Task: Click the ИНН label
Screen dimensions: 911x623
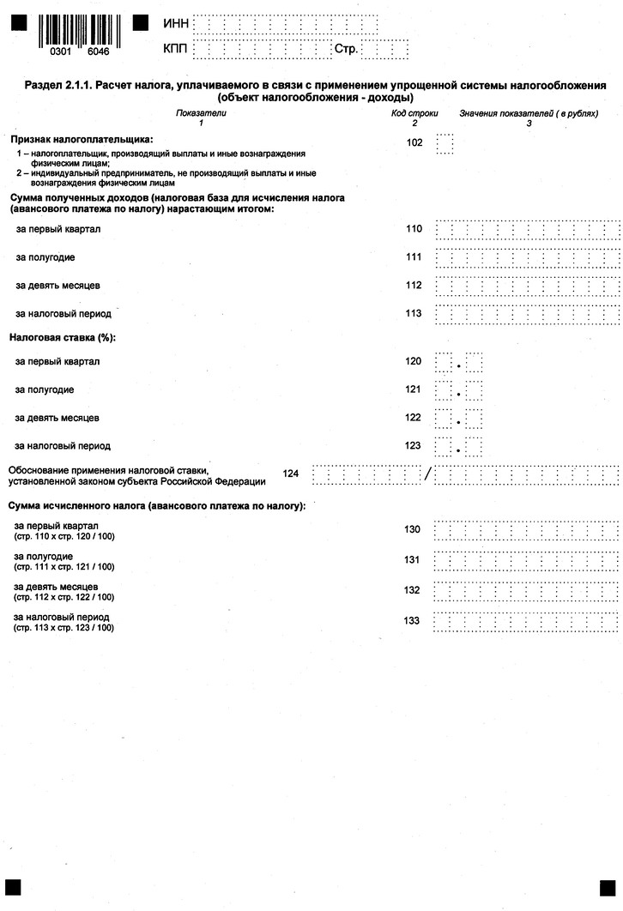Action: [175, 24]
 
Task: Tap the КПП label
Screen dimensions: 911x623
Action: [175, 50]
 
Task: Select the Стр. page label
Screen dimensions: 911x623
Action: [346, 50]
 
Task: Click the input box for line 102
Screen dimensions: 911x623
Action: [445, 143]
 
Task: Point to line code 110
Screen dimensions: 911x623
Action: [414, 230]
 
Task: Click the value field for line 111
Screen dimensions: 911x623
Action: [527, 257]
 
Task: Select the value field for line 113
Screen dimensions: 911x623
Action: [527, 313]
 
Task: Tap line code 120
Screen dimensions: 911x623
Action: [414, 361]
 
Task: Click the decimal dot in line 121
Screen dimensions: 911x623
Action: [459, 395]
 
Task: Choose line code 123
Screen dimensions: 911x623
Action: [414, 446]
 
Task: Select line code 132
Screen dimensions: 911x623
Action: [412, 590]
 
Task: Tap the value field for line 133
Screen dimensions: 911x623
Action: [527, 620]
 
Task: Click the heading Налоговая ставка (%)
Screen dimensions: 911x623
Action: [62, 337]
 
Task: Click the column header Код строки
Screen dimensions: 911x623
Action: [414, 113]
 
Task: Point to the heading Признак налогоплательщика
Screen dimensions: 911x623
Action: [81, 138]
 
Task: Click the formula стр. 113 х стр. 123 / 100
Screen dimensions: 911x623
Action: [64, 628]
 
